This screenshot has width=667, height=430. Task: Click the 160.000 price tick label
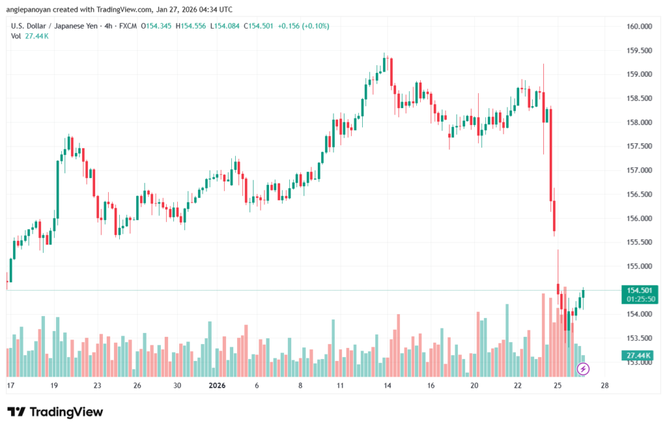pos(638,27)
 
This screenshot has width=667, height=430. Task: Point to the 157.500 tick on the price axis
pos(638,146)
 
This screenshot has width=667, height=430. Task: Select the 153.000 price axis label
pos(638,362)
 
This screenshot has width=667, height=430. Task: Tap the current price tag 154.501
pos(640,290)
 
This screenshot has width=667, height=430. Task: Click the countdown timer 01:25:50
pos(640,299)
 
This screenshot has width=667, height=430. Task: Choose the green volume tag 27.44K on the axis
pos(640,355)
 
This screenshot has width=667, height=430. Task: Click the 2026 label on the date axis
pos(216,385)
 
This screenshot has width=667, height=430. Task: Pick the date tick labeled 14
pos(387,385)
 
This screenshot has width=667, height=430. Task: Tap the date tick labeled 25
pos(558,385)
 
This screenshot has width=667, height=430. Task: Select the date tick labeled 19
pos(54,385)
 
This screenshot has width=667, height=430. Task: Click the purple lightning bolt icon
pos(584,369)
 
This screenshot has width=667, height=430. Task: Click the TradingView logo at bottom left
pos(55,412)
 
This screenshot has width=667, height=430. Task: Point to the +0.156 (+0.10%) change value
pos(304,26)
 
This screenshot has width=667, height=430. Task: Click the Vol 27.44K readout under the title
pos(30,36)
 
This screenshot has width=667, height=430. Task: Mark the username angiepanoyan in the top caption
pos(29,10)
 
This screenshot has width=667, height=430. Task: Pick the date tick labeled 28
pos(604,385)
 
